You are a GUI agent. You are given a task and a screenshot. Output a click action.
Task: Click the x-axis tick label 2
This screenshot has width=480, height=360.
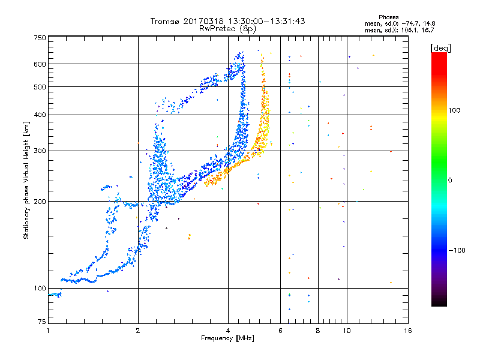(x=138, y=331)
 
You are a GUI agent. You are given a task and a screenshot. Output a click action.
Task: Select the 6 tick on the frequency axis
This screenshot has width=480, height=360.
(x=281, y=331)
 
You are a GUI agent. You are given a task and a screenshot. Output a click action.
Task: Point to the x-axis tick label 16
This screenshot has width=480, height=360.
(x=408, y=331)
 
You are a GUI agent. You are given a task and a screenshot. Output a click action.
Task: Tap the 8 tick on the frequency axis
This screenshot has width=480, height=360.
(x=318, y=331)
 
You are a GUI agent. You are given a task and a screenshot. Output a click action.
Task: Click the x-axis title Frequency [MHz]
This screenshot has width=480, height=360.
(x=228, y=338)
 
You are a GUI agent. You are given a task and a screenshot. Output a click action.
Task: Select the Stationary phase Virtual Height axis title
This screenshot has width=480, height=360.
(x=26, y=181)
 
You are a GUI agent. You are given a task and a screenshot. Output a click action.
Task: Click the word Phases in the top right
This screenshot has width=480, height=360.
(x=389, y=17)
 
